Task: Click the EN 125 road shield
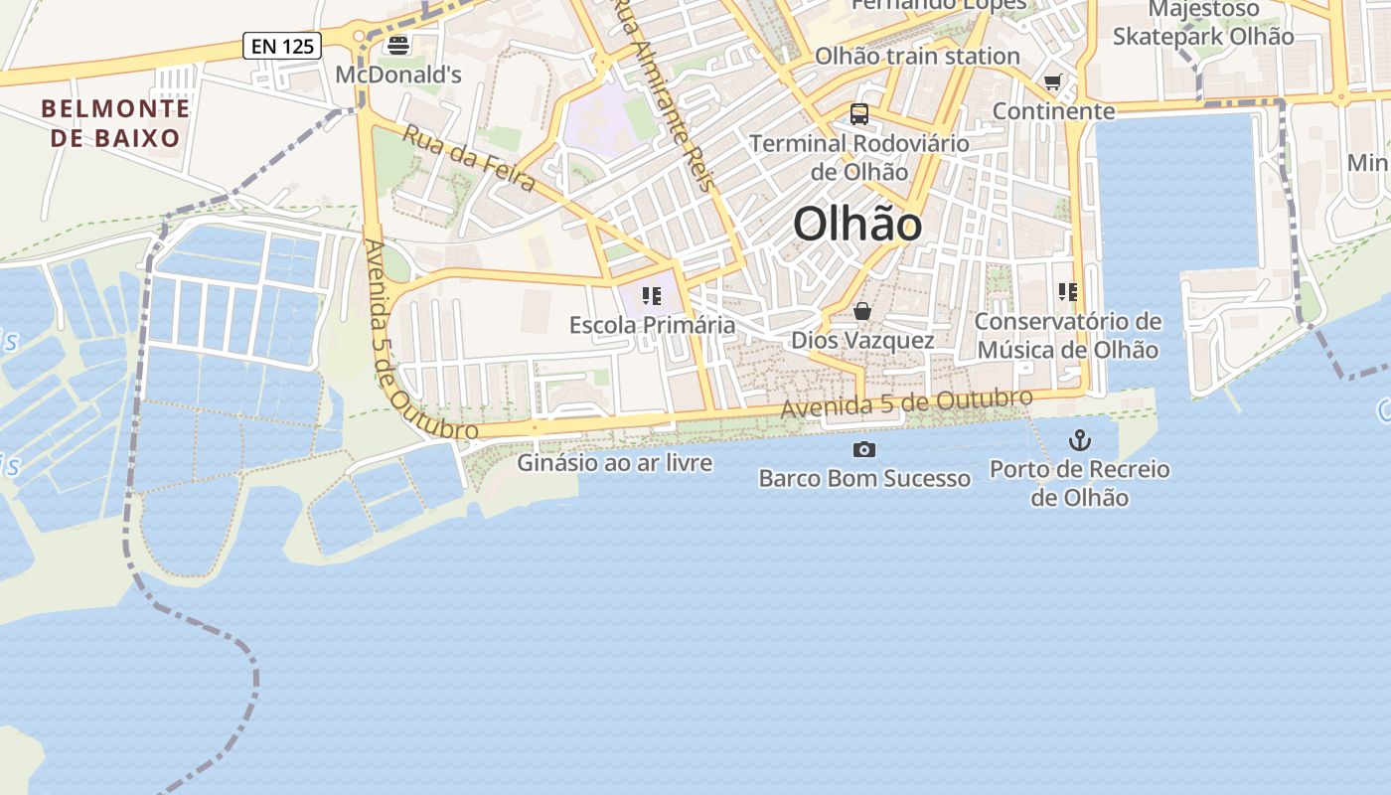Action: click(x=282, y=45)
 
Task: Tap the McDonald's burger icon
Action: click(x=398, y=45)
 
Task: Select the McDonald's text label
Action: click(x=398, y=75)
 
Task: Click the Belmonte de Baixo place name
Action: click(x=116, y=123)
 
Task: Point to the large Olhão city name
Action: click(x=857, y=225)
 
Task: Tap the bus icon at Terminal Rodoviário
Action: click(x=859, y=114)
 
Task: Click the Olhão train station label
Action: click(x=917, y=56)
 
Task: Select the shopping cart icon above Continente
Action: click(x=1053, y=81)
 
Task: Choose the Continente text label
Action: click(x=1053, y=111)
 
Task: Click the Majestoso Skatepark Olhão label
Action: click(x=1203, y=24)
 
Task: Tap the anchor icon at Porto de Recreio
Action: click(x=1079, y=440)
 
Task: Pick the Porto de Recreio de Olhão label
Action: click(x=1079, y=483)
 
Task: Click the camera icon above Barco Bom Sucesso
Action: click(x=864, y=450)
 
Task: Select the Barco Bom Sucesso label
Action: click(x=864, y=479)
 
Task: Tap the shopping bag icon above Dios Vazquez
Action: click(x=862, y=312)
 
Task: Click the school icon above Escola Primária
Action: click(x=652, y=295)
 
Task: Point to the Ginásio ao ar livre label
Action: click(x=614, y=463)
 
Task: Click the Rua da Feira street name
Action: click(x=470, y=159)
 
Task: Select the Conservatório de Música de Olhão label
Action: click(x=1067, y=336)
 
